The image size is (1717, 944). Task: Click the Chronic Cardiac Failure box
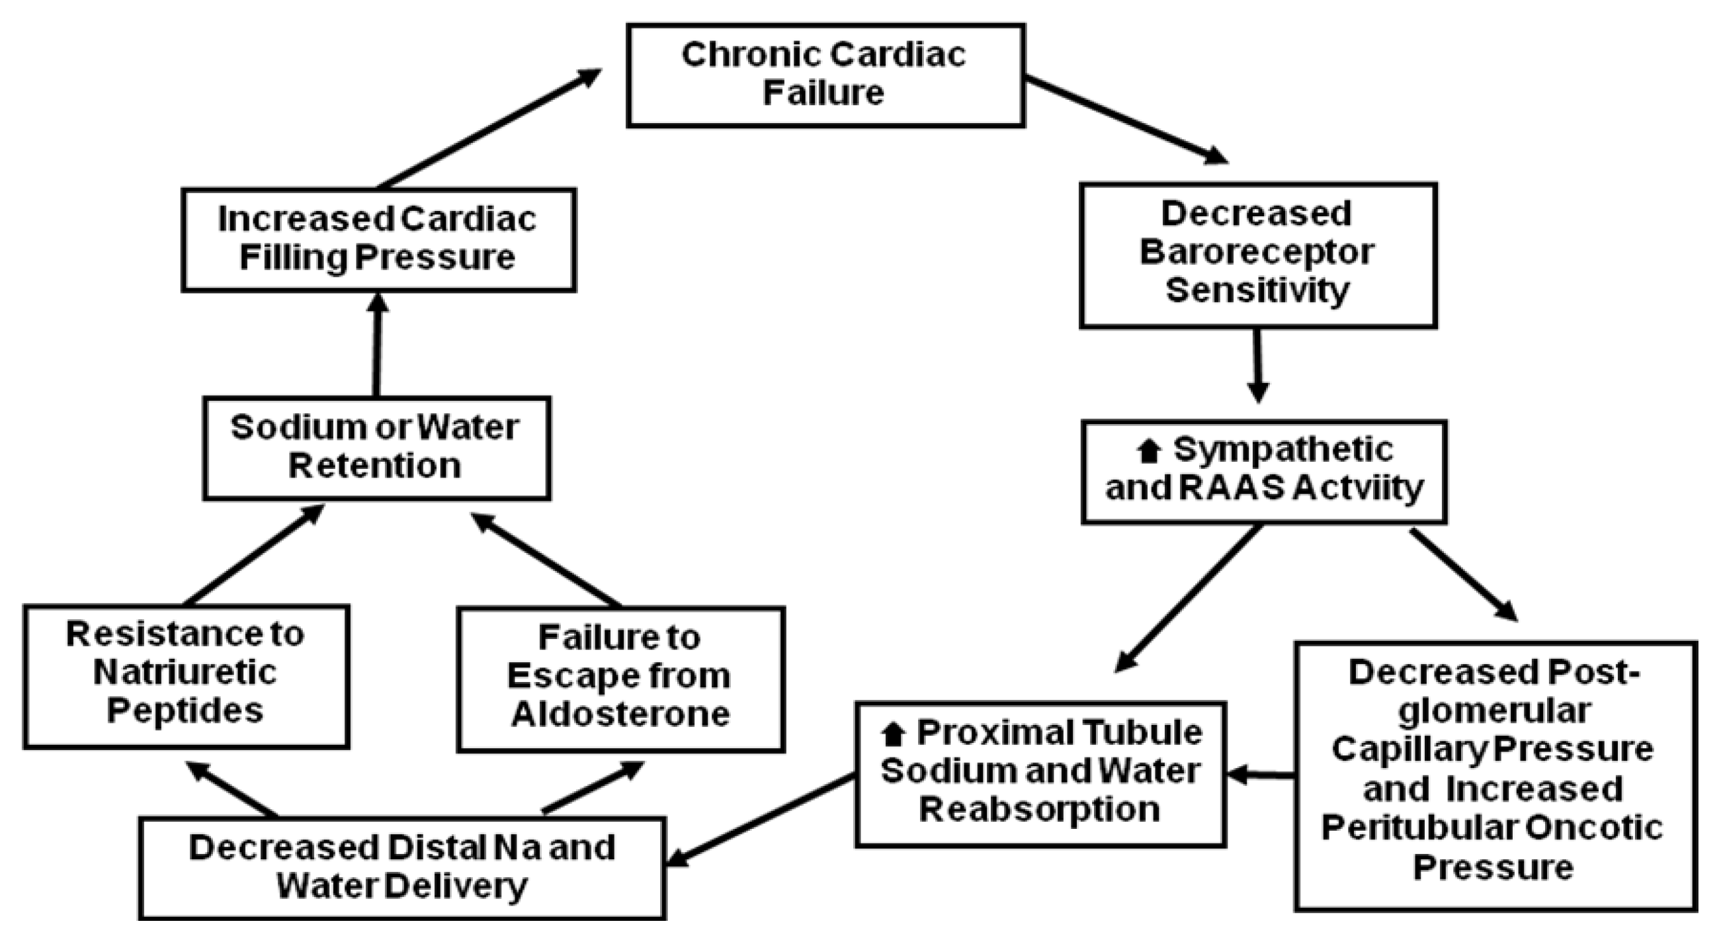tap(825, 75)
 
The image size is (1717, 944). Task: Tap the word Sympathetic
tap(1282, 449)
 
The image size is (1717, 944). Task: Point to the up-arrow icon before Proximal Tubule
tap(893, 735)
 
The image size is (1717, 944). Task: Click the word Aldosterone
tap(620, 714)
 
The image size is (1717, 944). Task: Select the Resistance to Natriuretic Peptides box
tap(186, 676)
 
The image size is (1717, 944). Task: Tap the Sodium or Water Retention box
tap(376, 447)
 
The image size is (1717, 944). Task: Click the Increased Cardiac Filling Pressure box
tap(378, 239)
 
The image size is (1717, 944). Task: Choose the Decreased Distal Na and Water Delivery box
tap(402, 867)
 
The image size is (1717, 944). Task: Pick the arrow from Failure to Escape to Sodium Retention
tap(546, 560)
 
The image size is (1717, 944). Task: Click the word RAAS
tap(1230, 488)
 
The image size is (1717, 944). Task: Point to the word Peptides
tap(185, 710)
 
